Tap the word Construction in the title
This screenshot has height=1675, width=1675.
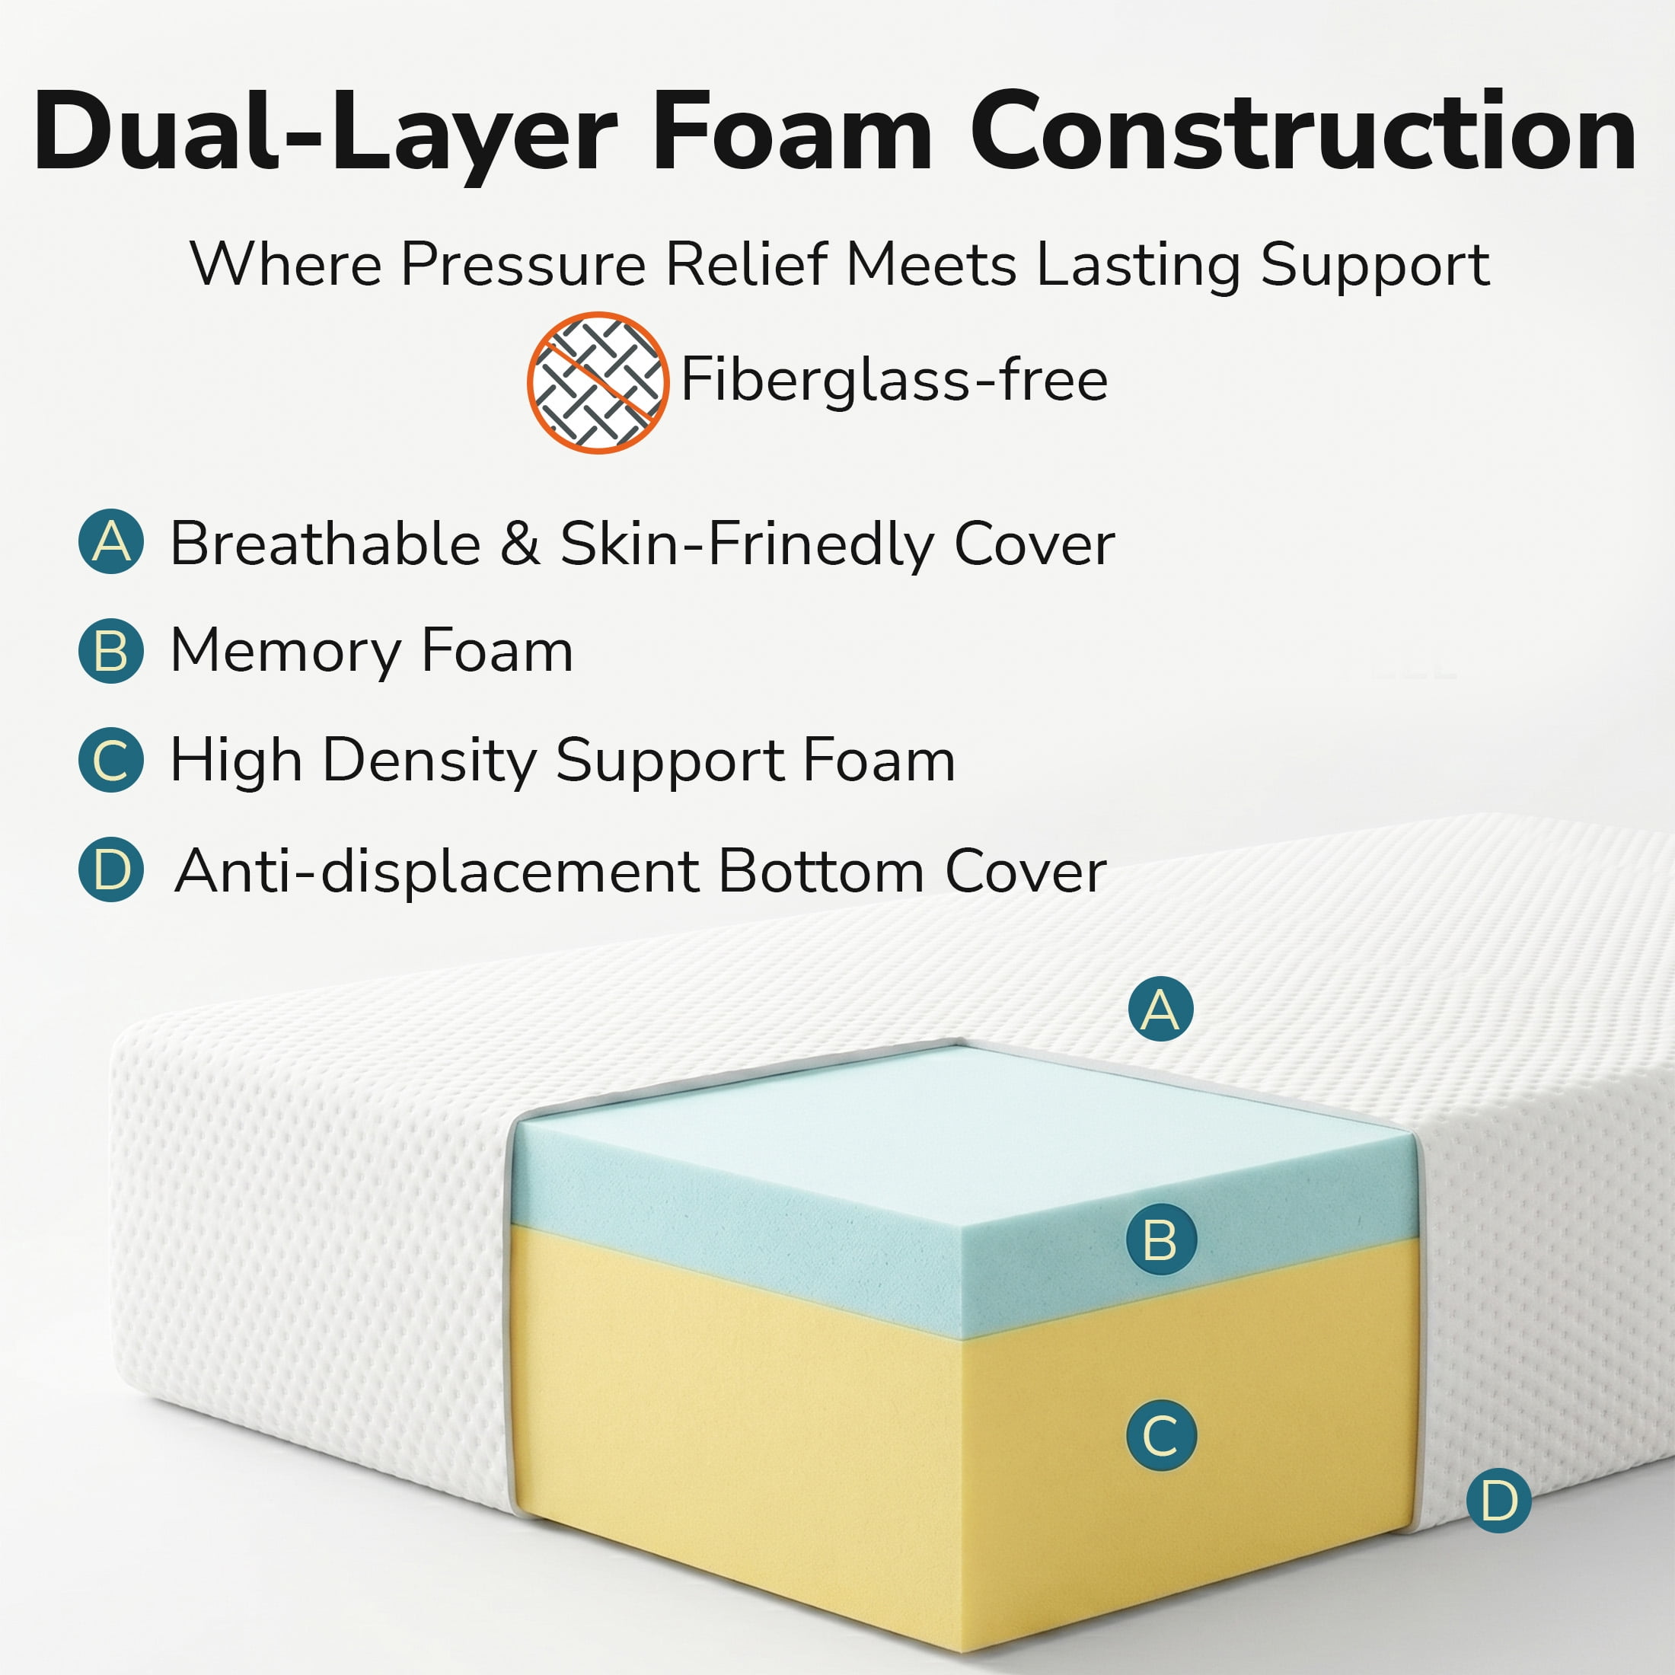click(x=1303, y=132)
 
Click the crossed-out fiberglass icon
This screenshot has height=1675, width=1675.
click(x=598, y=382)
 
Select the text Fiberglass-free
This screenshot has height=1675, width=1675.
click(x=894, y=381)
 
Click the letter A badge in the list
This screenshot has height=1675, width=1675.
click(x=111, y=542)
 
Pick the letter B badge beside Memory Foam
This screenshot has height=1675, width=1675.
click(x=111, y=650)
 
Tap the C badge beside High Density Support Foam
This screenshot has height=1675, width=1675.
click(x=111, y=761)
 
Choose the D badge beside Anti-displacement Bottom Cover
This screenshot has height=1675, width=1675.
click(x=111, y=869)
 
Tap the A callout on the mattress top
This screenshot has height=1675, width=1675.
click(x=1161, y=1009)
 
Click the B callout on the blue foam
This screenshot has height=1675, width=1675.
click(x=1161, y=1239)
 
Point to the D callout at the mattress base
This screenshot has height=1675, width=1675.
click(x=1499, y=1501)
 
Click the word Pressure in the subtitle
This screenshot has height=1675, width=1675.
click(x=523, y=263)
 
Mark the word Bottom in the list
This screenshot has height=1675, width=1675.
click(x=821, y=870)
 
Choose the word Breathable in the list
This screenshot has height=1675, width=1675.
click(x=325, y=544)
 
